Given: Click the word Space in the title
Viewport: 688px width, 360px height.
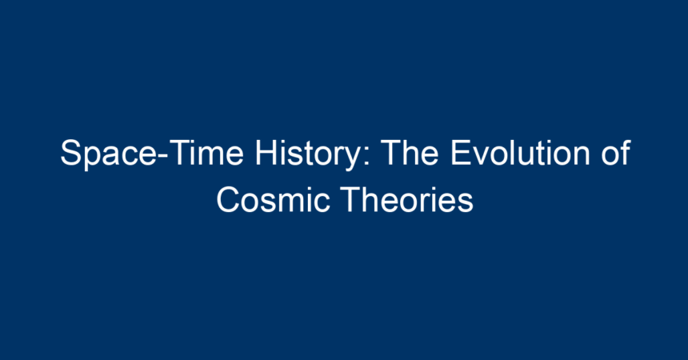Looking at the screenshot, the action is click(108, 154).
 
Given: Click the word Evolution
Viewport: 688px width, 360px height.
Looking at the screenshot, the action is click(520, 153).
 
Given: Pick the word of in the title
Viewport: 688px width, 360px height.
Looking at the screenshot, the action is click(616, 153).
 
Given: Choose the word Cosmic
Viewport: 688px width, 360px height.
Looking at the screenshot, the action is click(273, 199).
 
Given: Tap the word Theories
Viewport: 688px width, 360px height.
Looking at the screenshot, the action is click(407, 199).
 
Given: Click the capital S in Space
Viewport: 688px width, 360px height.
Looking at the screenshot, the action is click(70, 153).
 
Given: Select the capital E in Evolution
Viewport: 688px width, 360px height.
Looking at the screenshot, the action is click(461, 153).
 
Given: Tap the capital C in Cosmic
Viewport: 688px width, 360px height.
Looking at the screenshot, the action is click(229, 199).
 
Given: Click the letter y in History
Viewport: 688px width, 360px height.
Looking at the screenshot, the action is click(353, 159).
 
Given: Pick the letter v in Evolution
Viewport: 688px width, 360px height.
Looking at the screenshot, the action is click(482, 156).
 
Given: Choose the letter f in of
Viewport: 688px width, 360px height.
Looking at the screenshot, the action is click(626, 152).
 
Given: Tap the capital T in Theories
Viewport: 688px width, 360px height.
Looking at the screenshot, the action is click(351, 199).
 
